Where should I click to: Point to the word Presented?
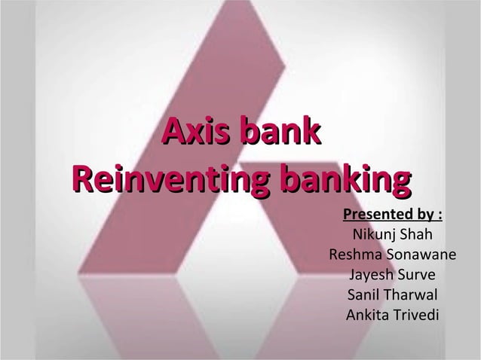tap(371, 218)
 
